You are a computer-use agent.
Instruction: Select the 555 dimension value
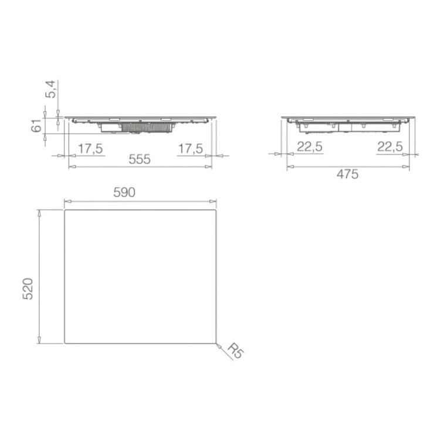coord(140,159)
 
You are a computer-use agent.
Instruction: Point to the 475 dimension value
coord(347,174)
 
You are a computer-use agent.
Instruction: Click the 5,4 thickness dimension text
coord(51,89)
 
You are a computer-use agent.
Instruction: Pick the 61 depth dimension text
coord(36,125)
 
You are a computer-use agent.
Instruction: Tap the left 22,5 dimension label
coord(309,147)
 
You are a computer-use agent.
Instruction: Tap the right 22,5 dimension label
coord(390,147)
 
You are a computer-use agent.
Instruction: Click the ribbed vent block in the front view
coord(145,127)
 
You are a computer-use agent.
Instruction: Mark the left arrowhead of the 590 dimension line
coord(66,199)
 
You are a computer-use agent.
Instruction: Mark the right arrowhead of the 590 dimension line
coord(214,199)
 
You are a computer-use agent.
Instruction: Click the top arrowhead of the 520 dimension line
coord(39,211)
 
